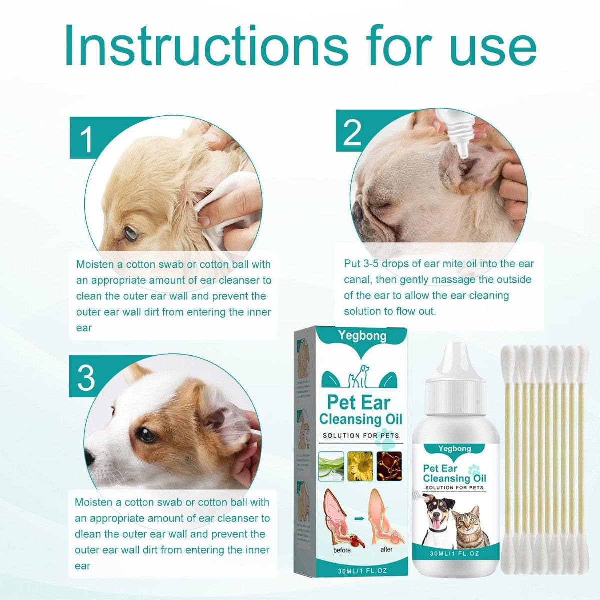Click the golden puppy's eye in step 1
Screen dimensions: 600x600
click(131, 232)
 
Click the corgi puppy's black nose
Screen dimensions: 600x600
click(88, 456)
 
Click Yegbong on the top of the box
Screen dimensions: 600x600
click(362, 336)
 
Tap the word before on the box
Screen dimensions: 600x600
click(342, 550)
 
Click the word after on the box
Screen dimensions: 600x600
click(386, 549)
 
